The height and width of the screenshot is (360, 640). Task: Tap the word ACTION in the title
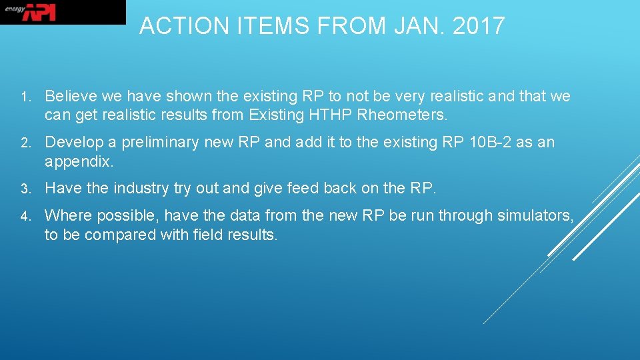click(x=175, y=26)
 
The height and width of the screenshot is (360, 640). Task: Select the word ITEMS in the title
click(x=257, y=26)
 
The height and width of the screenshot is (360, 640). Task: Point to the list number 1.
click(x=23, y=97)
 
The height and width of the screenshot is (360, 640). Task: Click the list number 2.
click(x=23, y=143)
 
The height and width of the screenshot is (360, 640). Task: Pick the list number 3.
click(x=23, y=189)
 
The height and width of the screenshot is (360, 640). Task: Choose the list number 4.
click(x=23, y=217)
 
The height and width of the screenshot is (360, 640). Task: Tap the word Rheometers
click(x=403, y=115)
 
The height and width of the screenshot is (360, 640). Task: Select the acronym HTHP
click(x=330, y=115)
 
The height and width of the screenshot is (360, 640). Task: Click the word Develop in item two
click(x=75, y=143)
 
